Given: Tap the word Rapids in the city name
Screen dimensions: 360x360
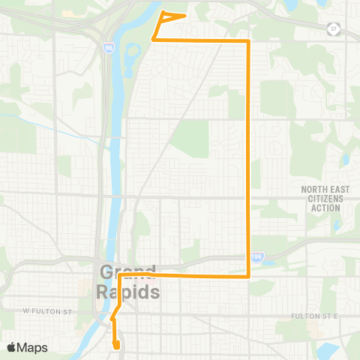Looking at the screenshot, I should pyautogui.click(x=127, y=291).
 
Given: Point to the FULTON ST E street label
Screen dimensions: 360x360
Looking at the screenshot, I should pyautogui.click(x=315, y=316).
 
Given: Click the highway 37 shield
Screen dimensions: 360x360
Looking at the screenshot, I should pyautogui.click(x=334, y=29).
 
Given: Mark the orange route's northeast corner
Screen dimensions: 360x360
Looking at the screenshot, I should pyautogui.click(x=248, y=42).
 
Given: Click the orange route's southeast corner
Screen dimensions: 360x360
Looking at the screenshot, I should pyautogui.click(x=248, y=276).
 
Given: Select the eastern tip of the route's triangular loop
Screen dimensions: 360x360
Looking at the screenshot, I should pyautogui.click(x=185, y=15).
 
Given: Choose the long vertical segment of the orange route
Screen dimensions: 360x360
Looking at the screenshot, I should pyautogui.click(x=248, y=157).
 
